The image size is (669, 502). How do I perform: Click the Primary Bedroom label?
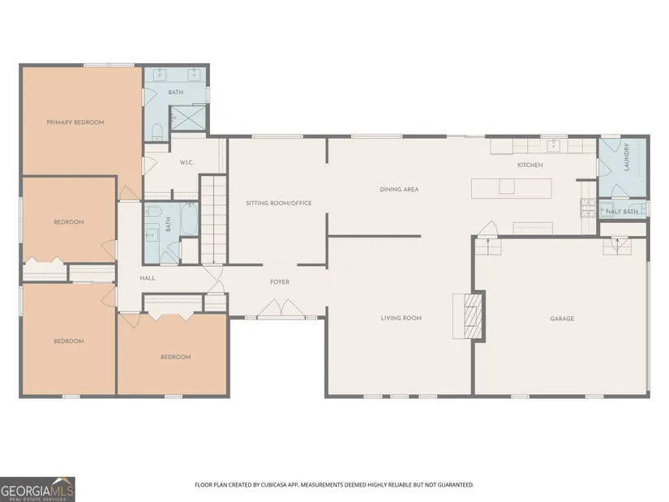pyautogui.click(x=75, y=122)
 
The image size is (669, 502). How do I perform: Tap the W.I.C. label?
pyautogui.click(x=187, y=163)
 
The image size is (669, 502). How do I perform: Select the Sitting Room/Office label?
pyautogui.click(x=279, y=204)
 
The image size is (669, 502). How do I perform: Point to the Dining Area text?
pyautogui.click(x=399, y=190)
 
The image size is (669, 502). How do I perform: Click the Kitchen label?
pyautogui.click(x=530, y=165)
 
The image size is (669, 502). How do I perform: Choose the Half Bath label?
pyautogui.click(x=622, y=212)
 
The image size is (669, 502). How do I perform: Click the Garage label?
pyautogui.click(x=562, y=319)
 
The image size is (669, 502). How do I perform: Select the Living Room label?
pyautogui.click(x=401, y=318)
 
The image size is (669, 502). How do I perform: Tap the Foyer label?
pyautogui.click(x=280, y=282)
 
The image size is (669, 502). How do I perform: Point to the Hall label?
pyautogui.click(x=148, y=278)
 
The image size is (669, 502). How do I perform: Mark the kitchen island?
pyautogui.click(x=512, y=189)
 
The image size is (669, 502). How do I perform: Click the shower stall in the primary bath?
pyautogui.click(x=188, y=118)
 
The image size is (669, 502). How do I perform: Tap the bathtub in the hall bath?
pyautogui.click(x=189, y=218)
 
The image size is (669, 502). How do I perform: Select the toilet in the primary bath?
pyautogui.click(x=157, y=132)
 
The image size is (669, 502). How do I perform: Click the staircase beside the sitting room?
pyautogui.click(x=213, y=220)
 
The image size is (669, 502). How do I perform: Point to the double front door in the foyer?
pyautogui.click(x=281, y=308)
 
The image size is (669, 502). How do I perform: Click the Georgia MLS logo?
pyautogui.click(x=37, y=489)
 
